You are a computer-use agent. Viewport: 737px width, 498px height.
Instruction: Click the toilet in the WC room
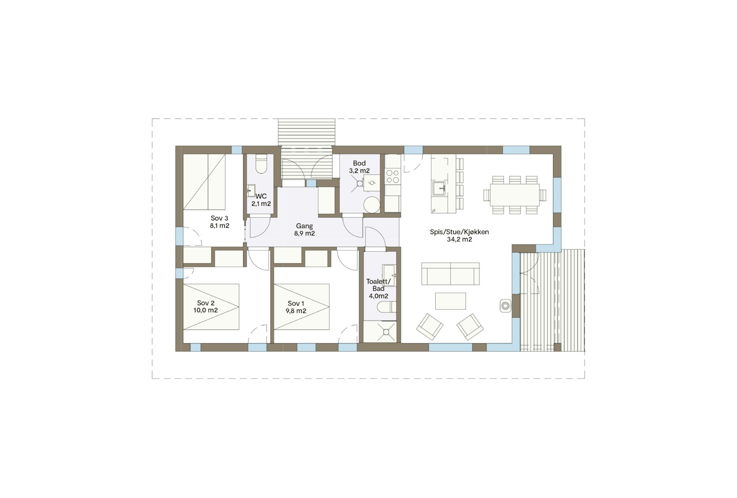click(262, 164)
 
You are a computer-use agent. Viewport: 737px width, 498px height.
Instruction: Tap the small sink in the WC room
click(251, 190)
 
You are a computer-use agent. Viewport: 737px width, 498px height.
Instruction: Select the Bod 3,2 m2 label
click(359, 166)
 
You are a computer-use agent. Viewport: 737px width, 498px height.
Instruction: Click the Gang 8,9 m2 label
click(304, 230)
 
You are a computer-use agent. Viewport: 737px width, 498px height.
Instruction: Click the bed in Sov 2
click(211, 307)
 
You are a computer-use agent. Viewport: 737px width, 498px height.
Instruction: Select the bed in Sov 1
click(301, 307)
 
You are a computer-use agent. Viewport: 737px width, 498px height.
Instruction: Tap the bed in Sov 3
click(204, 182)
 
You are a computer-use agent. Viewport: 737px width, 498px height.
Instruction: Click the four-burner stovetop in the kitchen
click(392, 176)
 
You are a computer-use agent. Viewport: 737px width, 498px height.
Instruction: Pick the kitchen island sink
click(439, 189)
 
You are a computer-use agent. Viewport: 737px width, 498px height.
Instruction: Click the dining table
click(515, 195)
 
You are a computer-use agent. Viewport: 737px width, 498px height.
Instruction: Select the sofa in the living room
click(450, 273)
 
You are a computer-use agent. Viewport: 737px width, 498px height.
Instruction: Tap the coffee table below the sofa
click(450, 301)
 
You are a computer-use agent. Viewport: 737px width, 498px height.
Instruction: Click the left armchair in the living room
click(430, 327)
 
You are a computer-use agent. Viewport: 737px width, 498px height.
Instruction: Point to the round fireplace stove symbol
click(505, 306)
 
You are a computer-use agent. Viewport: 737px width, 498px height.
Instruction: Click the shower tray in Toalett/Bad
click(380, 332)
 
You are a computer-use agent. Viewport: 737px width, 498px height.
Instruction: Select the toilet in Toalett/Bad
click(386, 307)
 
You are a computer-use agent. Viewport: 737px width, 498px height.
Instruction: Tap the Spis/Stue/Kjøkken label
click(459, 236)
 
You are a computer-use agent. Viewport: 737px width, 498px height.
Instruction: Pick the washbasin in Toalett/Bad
click(389, 275)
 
